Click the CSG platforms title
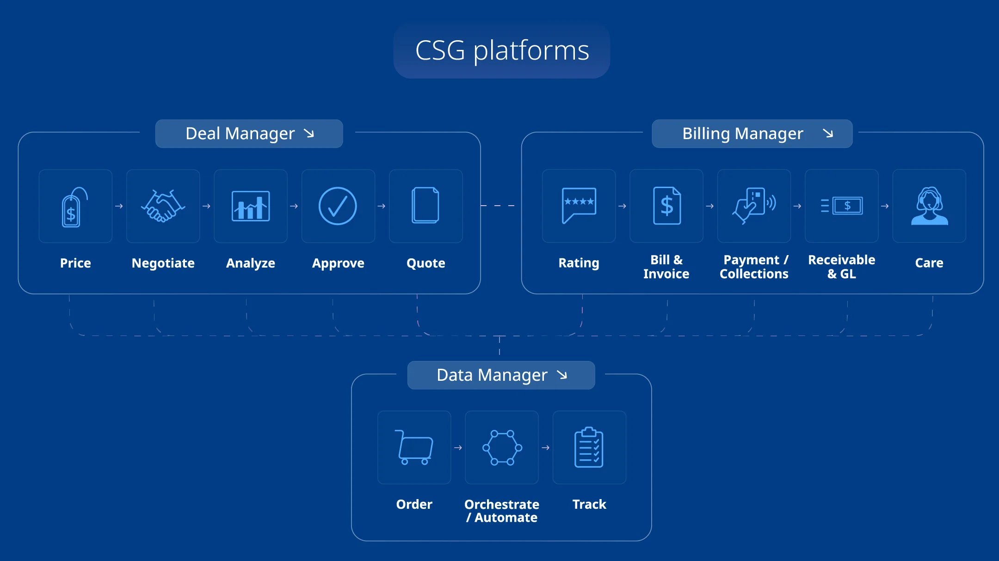tap(502, 50)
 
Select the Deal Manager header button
tap(249, 134)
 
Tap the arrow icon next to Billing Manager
tap(828, 134)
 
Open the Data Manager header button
tap(501, 375)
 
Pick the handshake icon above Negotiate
tap(163, 206)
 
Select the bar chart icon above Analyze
tap(251, 206)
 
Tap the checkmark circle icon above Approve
tap(338, 206)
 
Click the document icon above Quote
tap(425, 206)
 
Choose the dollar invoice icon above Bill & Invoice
tap(666, 206)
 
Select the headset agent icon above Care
tap(929, 206)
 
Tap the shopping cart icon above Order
tap(414, 447)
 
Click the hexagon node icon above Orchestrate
tap(502, 447)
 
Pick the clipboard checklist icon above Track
tap(589, 447)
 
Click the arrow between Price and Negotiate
tap(119, 206)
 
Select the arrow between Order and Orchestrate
tap(458, 448)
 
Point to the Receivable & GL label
tap(841, 267)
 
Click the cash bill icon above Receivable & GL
tap(842, 206)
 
